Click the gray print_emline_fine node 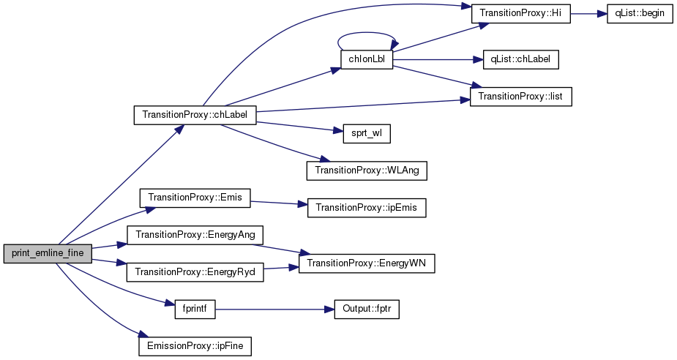coord(48,253)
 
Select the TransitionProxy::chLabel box coord(195,115)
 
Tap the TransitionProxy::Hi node coord(520,13)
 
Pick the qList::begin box coord(640,13)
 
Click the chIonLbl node coord(367,59)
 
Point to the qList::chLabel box coord(521,59)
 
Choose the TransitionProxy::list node coord(520,97)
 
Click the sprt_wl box coord(367,133)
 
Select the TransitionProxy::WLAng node coord(367,170)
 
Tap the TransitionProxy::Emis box coord(195,198)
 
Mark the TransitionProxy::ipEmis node coord(367,208)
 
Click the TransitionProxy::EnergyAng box coord(195,235)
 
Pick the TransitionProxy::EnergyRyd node coord(195,272)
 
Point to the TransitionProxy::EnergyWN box coord(367,263)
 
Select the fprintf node coord(195,309)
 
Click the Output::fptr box coord(367,309)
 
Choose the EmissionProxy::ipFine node coord(195,346)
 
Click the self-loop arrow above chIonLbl coord(367,32)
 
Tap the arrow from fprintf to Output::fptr coord(275,310)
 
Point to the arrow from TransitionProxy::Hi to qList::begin coord(588,14)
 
